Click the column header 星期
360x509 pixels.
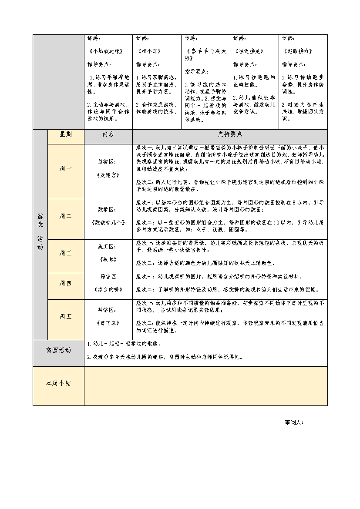(x=66, y=135)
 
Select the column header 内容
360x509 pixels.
(x=108, y=135)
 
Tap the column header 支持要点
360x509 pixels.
(x=230, y=135)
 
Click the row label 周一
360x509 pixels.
(x=66, y=168)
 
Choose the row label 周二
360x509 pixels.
(x=66, y=216)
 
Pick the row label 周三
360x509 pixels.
(x=66, y=253)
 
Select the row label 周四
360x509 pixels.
(x=66, y=283)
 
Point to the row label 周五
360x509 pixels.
(x=66, y=317)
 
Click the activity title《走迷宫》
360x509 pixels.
(x=106, y=175)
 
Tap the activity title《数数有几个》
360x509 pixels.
(x=108, y=222)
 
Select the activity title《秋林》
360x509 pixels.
(x=106, y=259)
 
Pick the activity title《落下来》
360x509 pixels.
(x=106, y=323)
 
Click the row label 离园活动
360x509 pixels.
(x=58, y=350)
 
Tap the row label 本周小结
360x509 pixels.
(x=58, y=383)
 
